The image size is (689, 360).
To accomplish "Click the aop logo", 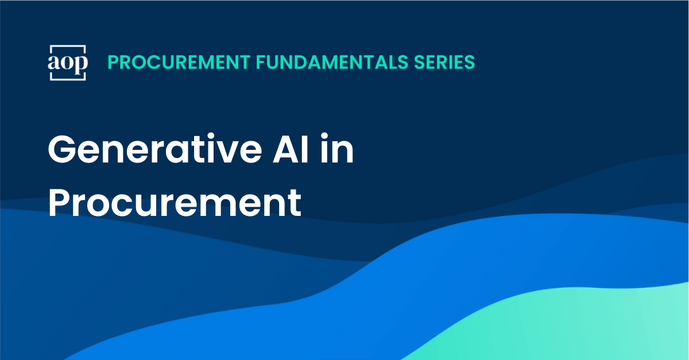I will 68,62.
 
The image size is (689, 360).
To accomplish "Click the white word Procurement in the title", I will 175,202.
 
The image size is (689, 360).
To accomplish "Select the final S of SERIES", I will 470,62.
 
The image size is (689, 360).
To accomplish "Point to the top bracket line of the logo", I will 68,45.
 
